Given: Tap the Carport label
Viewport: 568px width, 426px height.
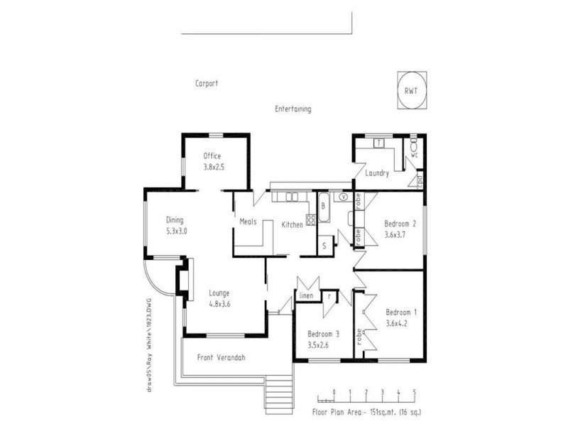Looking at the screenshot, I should [207, 83].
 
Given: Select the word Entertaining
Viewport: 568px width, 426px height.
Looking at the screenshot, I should [293, 109].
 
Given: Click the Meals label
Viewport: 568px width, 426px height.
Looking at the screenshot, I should [248, 221].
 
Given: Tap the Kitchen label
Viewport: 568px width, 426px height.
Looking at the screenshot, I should [293, 224].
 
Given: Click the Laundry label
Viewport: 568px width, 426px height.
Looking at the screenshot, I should [377, 173].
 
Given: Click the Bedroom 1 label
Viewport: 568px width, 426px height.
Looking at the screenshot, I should [402, 312].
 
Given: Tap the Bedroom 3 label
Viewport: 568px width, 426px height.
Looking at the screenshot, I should [323, 334].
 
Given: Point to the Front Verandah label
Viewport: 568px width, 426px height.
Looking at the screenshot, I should [221, 358].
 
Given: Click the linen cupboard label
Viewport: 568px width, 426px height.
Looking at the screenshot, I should [306, 295].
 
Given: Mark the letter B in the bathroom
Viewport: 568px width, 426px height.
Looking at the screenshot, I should [323, 206].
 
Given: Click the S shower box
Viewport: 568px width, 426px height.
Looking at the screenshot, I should [324, 246].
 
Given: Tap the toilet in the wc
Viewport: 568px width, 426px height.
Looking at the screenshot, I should [414, 149].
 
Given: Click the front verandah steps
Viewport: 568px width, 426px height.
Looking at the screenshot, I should [279, 395].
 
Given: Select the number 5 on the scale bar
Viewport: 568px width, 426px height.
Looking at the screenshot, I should [415, 391].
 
